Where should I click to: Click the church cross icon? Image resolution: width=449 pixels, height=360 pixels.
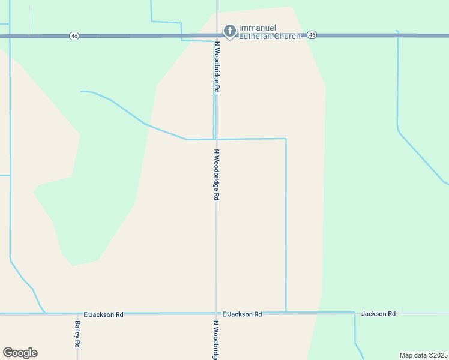229,31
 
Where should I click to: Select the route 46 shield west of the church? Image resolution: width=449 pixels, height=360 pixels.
74,36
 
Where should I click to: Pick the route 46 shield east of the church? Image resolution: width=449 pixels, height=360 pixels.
312,35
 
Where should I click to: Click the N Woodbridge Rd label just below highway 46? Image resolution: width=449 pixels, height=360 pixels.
217,67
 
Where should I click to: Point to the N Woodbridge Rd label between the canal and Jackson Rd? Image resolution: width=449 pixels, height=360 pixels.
217,175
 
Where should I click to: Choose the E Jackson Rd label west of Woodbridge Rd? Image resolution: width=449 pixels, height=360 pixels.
103,314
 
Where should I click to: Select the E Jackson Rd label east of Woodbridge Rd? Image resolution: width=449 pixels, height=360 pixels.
242,314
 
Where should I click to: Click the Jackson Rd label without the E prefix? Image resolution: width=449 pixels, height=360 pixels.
378,314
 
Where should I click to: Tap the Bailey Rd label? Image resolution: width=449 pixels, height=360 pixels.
78,334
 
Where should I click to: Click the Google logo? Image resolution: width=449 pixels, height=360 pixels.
20,353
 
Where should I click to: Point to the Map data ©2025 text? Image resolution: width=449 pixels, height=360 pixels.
423,355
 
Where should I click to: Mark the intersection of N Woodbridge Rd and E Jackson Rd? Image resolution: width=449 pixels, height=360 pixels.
216,313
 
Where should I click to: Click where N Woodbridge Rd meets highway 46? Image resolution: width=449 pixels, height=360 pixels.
217,36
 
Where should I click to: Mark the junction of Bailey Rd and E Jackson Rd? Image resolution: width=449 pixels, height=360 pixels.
77,314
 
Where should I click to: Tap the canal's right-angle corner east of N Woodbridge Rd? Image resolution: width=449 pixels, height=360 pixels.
285,139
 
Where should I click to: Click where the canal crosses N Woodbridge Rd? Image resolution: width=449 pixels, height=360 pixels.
216,139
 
